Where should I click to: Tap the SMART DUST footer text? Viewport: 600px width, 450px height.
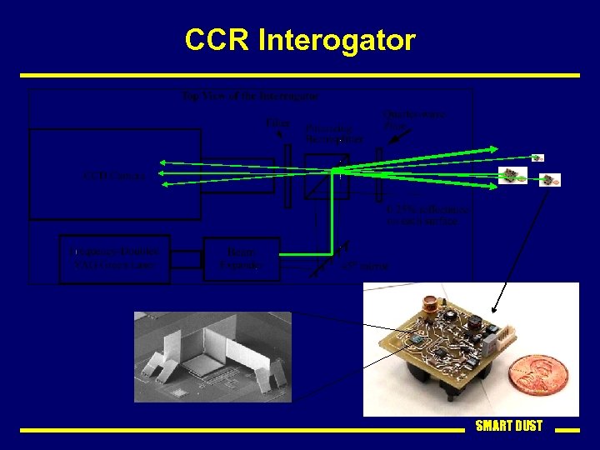click(508, 426)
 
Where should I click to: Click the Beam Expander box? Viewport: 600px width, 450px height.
click(241, 257)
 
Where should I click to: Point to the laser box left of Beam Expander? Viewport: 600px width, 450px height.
click(114, 258)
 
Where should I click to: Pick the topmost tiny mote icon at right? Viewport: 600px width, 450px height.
click(538, 157)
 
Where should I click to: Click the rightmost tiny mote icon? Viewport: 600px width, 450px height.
click(551, 180)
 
